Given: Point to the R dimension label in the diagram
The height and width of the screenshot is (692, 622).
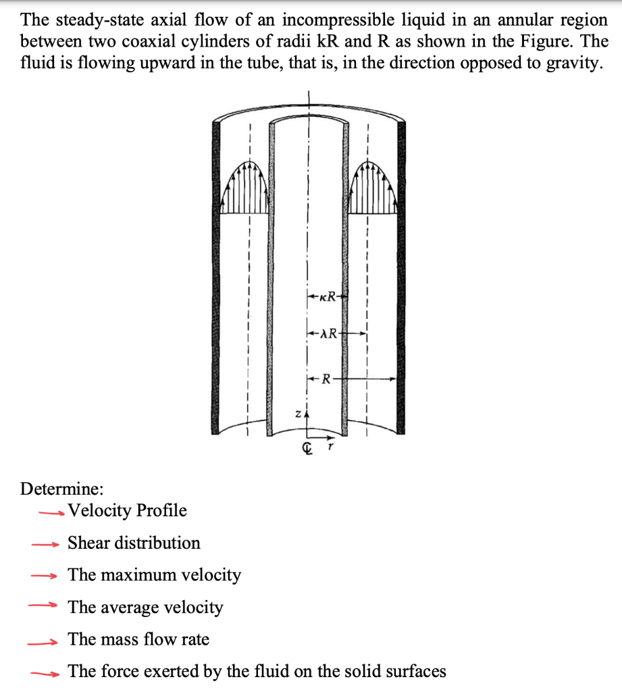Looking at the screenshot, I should pos(326,380).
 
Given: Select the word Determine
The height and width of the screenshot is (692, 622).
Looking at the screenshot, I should pos(62,488).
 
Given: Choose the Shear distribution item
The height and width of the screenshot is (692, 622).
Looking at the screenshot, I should pos(134,543).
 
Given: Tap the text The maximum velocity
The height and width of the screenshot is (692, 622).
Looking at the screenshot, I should pos(154,575).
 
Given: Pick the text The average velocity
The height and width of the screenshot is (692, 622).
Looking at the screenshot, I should pos(145,608).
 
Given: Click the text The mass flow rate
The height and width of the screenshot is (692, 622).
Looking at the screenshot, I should pos(138,639).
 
